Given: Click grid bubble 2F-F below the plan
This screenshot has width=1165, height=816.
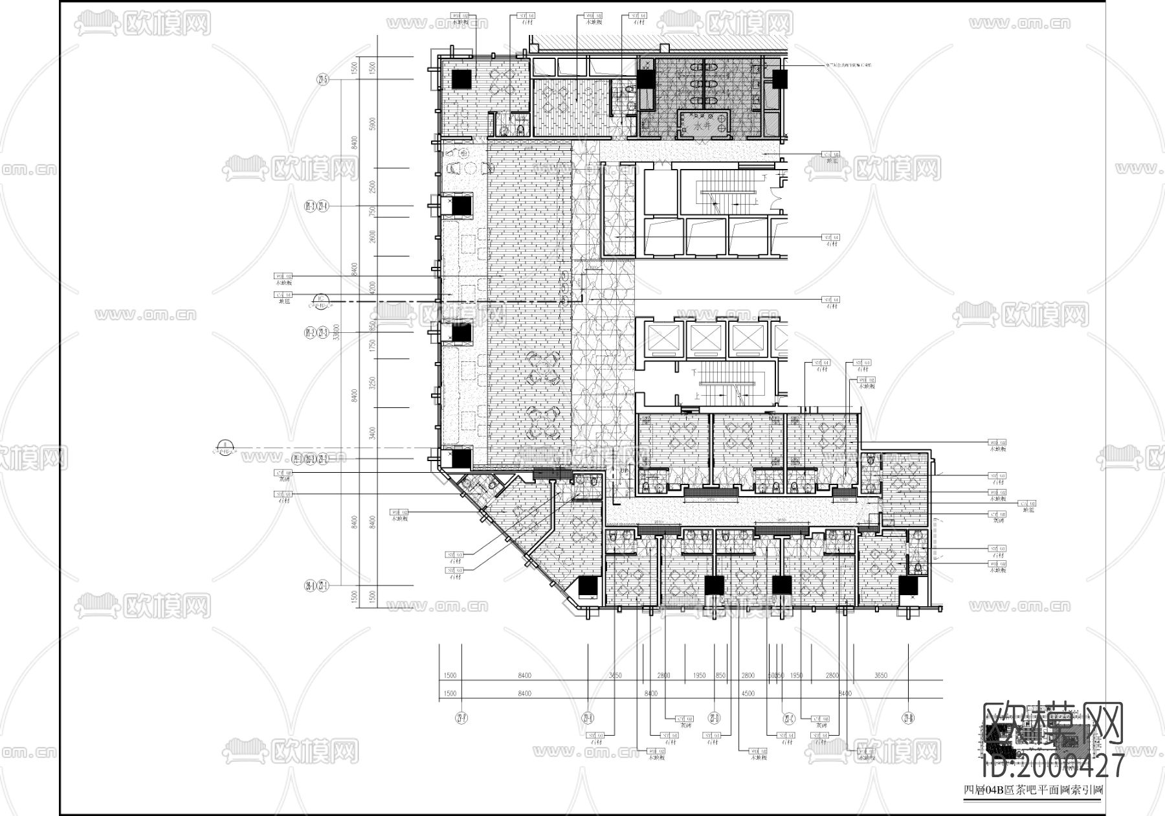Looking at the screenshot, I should (461, 718).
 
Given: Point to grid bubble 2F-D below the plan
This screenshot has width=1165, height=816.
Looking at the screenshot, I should (715, 718).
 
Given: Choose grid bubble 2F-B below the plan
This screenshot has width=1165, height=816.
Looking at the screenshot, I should (908, 718).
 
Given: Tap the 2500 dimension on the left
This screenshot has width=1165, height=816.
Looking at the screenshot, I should (372, 188).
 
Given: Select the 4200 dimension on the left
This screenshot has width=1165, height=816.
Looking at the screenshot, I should (372, 287).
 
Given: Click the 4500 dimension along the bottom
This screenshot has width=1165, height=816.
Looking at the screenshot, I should (748, 694).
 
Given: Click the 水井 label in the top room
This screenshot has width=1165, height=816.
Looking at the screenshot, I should (704, 128).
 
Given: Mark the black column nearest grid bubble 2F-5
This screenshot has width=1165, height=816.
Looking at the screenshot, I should (461, 79).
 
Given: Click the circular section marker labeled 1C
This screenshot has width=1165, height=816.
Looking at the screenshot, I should (320, 299).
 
